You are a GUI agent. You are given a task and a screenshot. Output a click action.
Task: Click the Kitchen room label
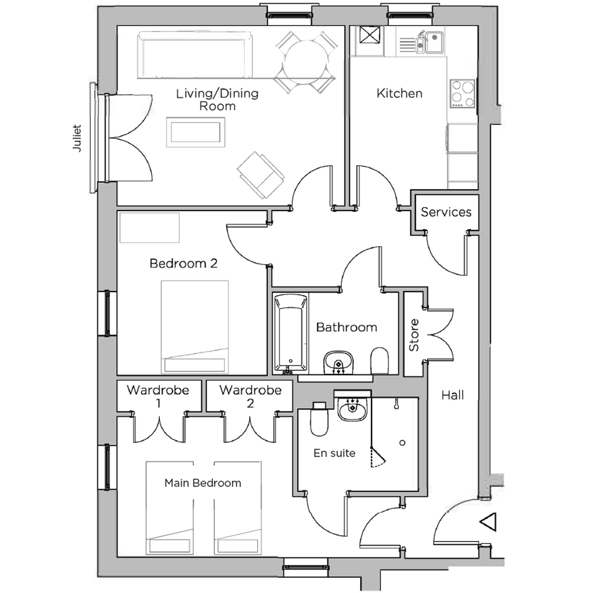[x=399, y=93]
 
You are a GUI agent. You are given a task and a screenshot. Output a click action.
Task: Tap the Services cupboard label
[x=446, y=212]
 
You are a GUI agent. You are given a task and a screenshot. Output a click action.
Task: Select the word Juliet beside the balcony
[x=77, y=138]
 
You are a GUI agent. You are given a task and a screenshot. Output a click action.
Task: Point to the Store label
[x=414, y=335]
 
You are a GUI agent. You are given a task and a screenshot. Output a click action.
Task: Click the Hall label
[x=452, y=395]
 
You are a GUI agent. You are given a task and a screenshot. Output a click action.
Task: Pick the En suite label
[x=334, y=453]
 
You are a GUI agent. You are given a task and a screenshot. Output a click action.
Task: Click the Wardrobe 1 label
[x=158, y=396]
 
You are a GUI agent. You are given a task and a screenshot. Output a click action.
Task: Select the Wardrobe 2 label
[x=250, y=396]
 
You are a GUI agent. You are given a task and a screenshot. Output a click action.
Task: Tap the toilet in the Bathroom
[x=379, y=360]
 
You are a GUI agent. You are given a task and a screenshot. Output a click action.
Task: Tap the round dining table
[x=306, y=62]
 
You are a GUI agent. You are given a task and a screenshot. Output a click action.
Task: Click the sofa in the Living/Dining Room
[x=195, y=55]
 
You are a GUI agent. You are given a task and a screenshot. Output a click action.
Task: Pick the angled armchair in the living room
[x=260, y=175]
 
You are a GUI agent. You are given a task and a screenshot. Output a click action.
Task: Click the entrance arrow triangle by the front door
[x=489, y=522]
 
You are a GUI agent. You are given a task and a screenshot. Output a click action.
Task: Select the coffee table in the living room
[x=195, y=132]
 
